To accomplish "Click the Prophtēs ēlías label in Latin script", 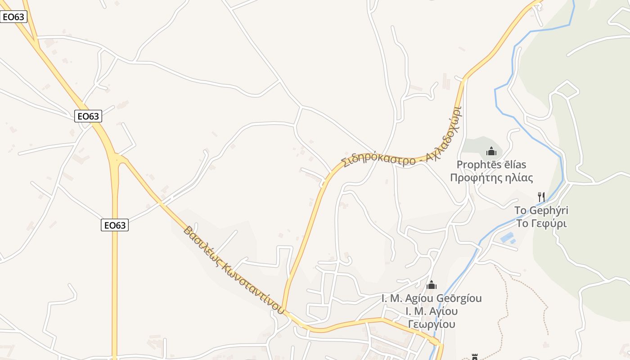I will point(491,165).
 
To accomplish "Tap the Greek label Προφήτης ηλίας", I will point(491,178).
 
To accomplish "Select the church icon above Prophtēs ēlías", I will point(491,151).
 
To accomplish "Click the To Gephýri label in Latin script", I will point(541,211).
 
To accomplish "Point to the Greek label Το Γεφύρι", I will point(541,223).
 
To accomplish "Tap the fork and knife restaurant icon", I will point(541,197).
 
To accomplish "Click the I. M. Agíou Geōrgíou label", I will point(432,298).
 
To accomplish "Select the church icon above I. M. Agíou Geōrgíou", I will point(432,285).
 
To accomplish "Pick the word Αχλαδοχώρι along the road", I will point(446,132).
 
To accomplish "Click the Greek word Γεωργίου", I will point(432,324).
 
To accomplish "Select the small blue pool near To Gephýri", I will point(507,237).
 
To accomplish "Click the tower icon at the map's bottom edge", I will point(474,357).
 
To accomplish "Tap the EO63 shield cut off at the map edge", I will point(13,17).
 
